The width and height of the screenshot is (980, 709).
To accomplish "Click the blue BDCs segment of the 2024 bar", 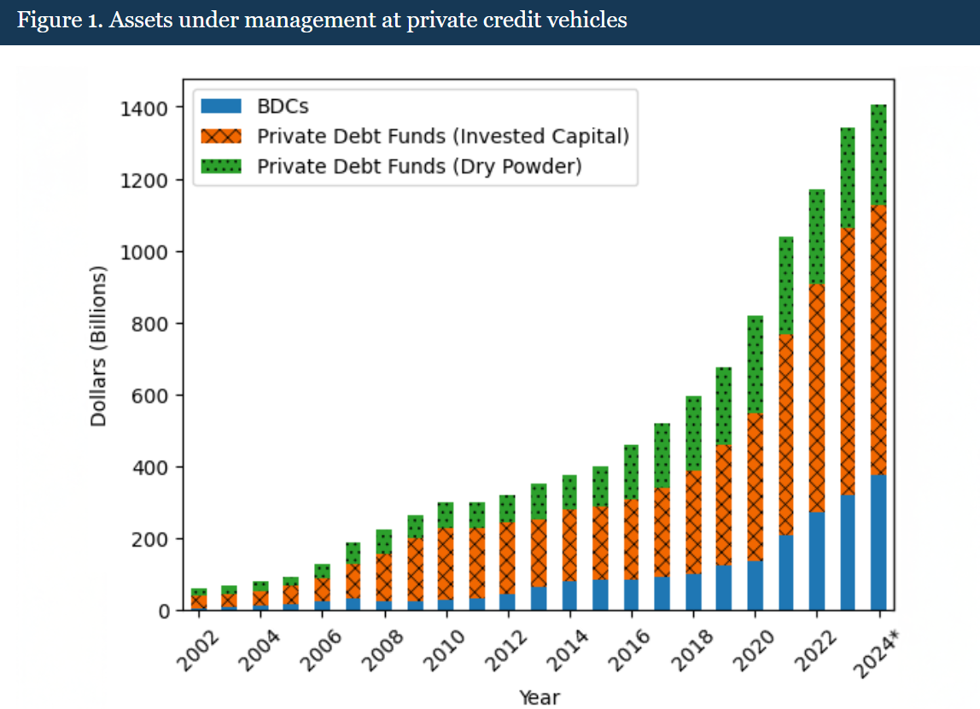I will click(878, 542).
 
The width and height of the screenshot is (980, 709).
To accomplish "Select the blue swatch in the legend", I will click(221, 107).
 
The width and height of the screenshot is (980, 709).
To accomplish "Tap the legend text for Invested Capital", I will click(443, 136).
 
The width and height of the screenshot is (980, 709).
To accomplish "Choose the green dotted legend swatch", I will click(221, 165).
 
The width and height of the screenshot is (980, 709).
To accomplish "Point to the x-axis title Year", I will click(540, 697).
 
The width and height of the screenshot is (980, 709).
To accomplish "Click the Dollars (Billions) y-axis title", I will click(99, 346).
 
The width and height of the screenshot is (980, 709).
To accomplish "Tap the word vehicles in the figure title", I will click(588, 21).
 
